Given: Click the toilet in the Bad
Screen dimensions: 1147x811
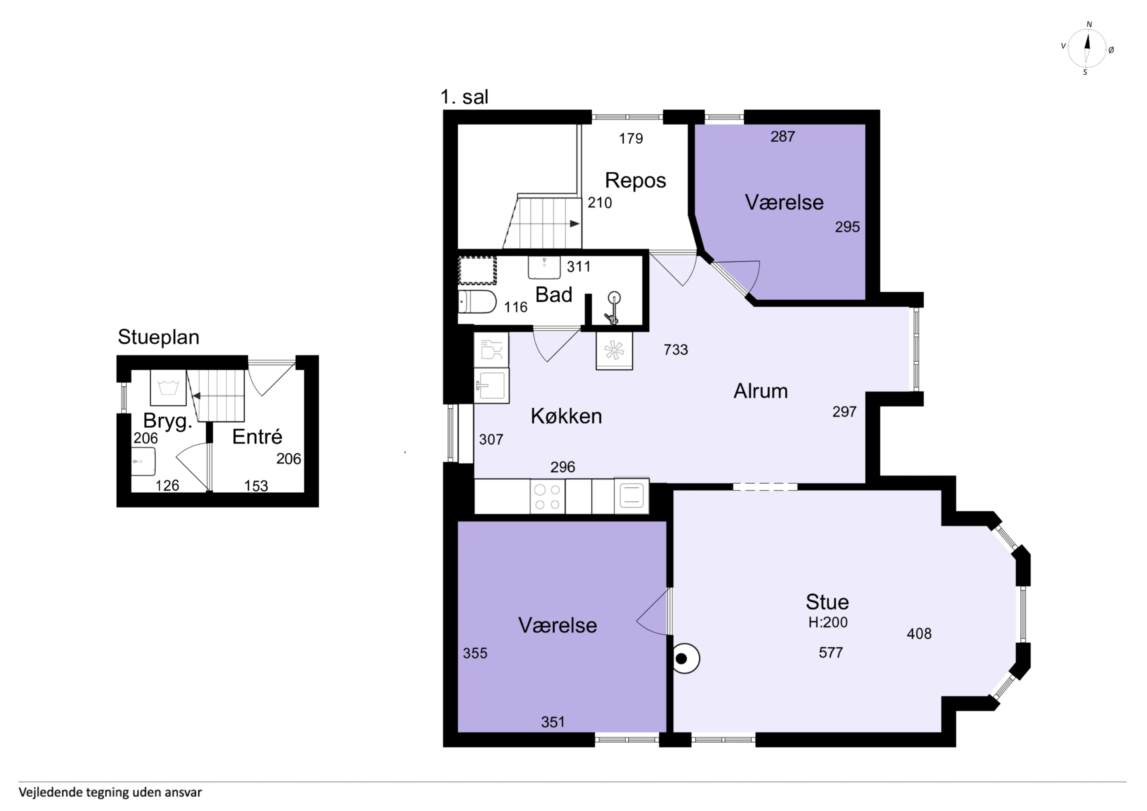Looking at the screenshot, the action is click(x=477, y=302).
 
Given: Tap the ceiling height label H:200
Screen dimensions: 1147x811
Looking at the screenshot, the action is click(x=828, y=622).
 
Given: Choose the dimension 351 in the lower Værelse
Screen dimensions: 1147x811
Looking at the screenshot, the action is click(x=553, y=722).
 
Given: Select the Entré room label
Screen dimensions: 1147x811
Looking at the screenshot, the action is click(x=257, y=437).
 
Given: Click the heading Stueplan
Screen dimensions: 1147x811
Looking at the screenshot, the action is click(x=158, y=337).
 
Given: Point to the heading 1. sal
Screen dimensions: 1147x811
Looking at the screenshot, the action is click(x=464, y=97).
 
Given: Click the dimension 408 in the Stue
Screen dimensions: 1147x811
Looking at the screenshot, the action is click(x=919, y=634).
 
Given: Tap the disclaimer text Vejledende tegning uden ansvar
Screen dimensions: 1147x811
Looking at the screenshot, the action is click(x=111, y=792).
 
